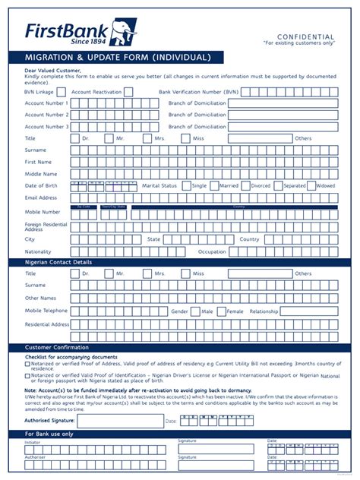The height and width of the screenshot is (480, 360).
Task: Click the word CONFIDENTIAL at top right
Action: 305,36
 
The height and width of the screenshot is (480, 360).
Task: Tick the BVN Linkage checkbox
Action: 61,92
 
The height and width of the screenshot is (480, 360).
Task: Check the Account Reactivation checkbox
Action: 128,92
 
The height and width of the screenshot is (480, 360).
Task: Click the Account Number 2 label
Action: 46,115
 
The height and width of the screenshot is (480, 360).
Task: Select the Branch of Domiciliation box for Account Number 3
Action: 283,127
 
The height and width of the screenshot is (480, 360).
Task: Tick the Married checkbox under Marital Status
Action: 213,185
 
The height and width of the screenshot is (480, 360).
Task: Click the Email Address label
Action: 41,197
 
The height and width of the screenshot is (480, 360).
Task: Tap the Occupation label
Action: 212,251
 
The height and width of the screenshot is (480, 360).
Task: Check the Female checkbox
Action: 221,311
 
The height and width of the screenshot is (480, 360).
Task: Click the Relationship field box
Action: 310,311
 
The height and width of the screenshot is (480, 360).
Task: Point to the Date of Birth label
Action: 40,185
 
